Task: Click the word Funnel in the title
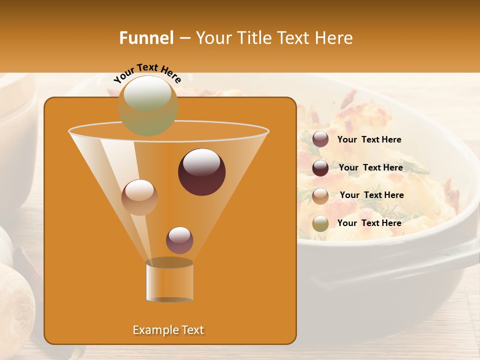tap(146, 38)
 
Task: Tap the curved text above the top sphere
tap(147, 72)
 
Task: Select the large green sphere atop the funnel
tap(148, 105)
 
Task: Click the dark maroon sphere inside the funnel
tap(201, 172)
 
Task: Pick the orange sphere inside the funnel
tap(139, 197)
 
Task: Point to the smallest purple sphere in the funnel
tap(179, 240)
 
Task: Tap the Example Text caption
tap(168, 330)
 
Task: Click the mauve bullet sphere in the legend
tap(320, 139)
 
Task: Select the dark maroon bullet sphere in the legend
tap(320, 167)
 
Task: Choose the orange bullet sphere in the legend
tap(320, 195)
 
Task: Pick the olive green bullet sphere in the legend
tap(320, 223)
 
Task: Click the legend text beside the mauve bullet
tap(369, 140)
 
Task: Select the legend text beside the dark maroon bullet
tap(370, 167)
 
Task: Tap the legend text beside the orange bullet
tap(371, 195)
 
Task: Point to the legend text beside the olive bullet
tap(369, 223)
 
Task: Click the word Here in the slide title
tap(334, 38)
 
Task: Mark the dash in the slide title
tap(184, 38)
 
